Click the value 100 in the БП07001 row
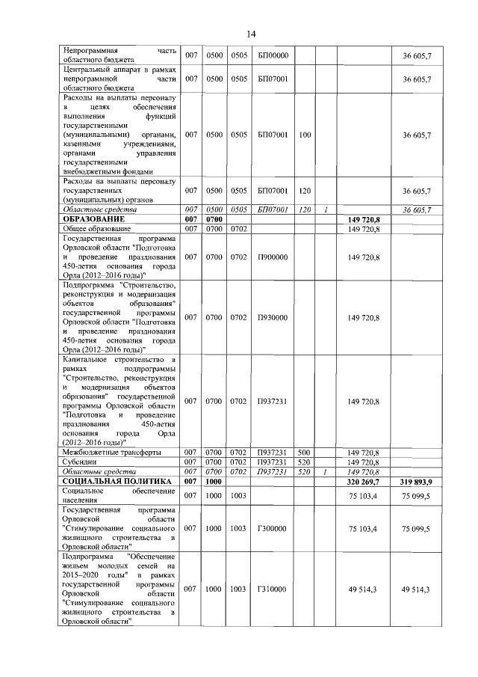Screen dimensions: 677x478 click(305, 135)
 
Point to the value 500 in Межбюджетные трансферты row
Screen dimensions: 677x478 click(305, 453)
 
